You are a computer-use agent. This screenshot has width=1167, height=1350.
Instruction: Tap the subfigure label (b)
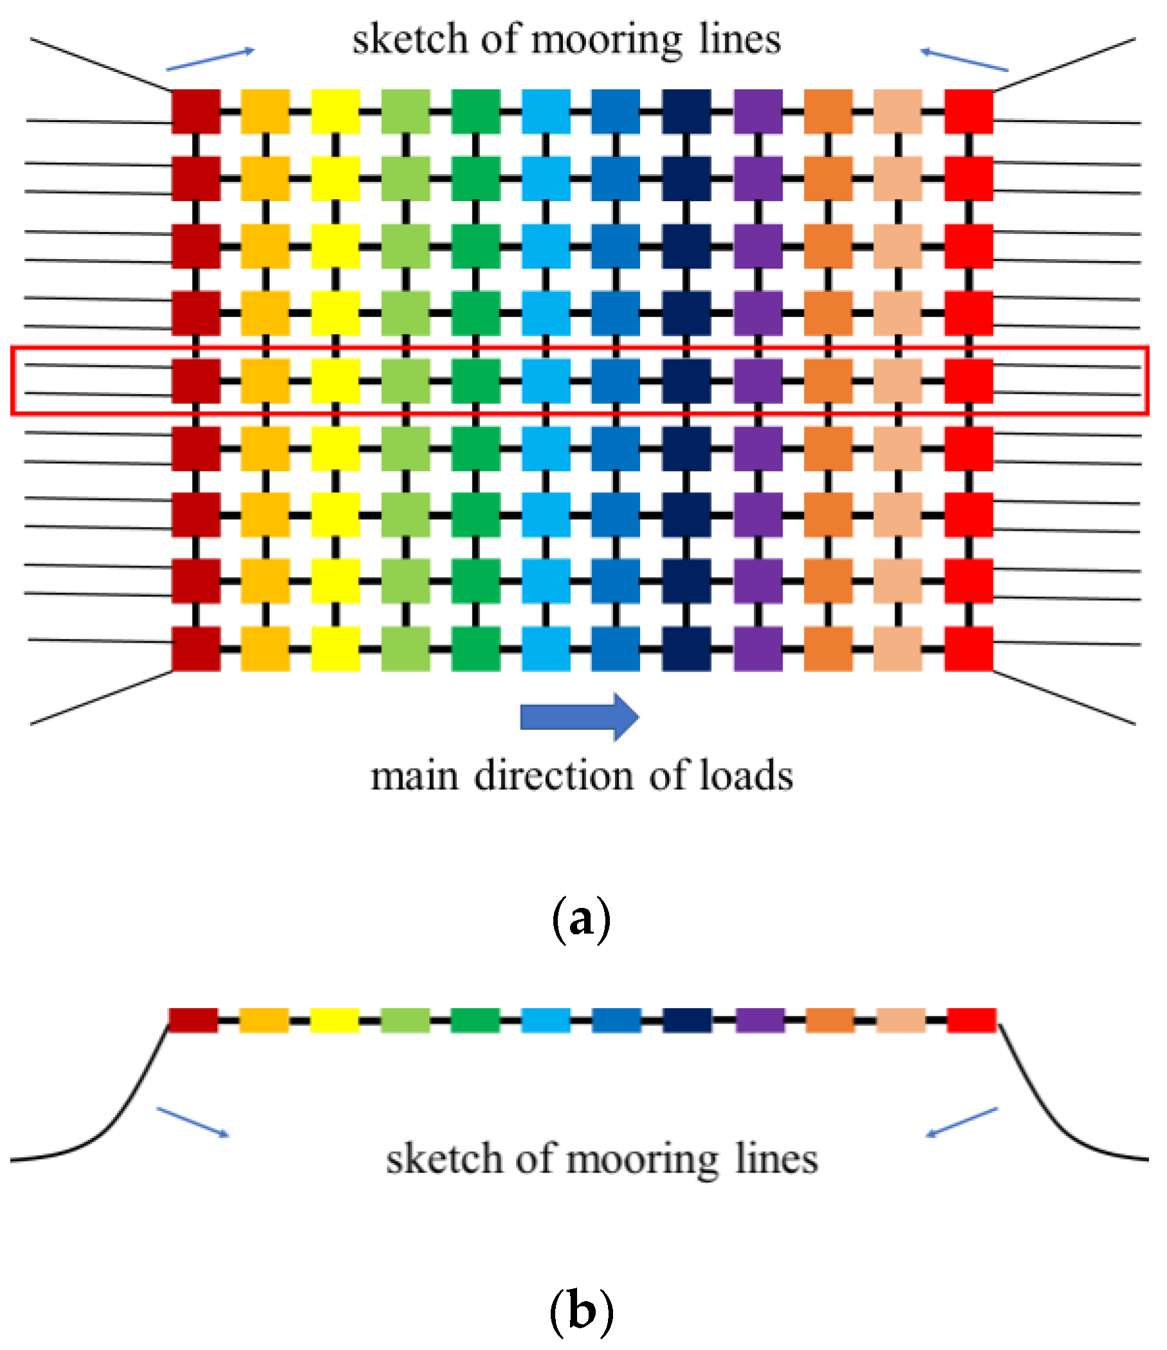pos(581,1311)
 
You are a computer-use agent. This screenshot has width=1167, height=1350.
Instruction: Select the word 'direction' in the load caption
pos(554,777)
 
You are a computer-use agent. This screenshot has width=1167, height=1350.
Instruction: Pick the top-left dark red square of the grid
pos(195,111)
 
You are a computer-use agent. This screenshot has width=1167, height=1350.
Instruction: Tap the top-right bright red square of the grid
pos(968,111)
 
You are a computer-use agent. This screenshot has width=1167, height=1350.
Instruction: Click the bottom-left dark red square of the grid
pos(195,648)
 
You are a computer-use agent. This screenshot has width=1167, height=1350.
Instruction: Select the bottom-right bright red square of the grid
pos(968,648)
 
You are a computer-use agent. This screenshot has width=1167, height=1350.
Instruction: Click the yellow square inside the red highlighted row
pos(335,380)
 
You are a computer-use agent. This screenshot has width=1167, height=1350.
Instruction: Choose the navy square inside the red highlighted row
pos(686,380)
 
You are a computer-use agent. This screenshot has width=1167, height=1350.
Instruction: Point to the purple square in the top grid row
pos(758,111)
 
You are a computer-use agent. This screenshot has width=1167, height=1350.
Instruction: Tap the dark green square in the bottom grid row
pos(476,648)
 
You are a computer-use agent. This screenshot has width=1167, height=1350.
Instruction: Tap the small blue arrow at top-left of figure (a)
pos(209,58)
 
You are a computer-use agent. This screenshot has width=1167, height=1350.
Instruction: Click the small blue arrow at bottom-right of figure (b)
pos(962,1122)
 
